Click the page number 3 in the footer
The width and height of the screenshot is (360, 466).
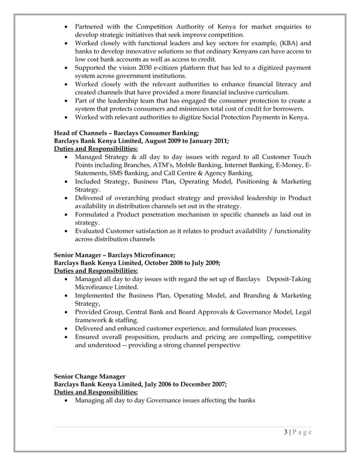286,433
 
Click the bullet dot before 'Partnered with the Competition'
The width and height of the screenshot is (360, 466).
68,27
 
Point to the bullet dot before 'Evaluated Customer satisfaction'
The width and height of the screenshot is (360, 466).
68,230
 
